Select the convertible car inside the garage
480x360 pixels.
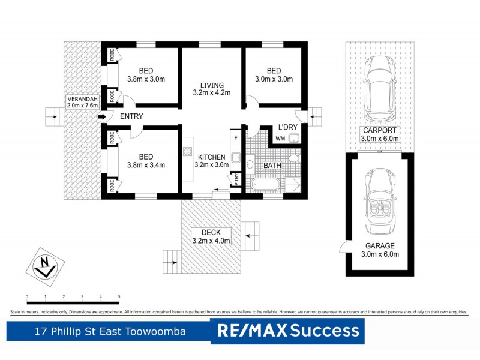[x=378, y=202]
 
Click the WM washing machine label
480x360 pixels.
[x=280, y=139]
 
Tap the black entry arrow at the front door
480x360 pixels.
[x=102, y=116]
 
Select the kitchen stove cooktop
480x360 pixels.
[x=188, y=154]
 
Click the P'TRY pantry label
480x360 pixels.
[x=237, y=179]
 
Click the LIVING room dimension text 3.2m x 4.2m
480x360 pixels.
[x=211, y=92]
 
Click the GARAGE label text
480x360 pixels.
[x=380, y=246]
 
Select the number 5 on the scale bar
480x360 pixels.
[x=119, y=297]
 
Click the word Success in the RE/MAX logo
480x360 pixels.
[x=326, y=331]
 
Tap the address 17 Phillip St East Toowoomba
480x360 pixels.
[x=109, y=331]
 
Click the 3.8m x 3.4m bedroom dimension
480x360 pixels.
[x=146, y=166]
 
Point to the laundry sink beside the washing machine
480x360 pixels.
[x=294, y=139]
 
